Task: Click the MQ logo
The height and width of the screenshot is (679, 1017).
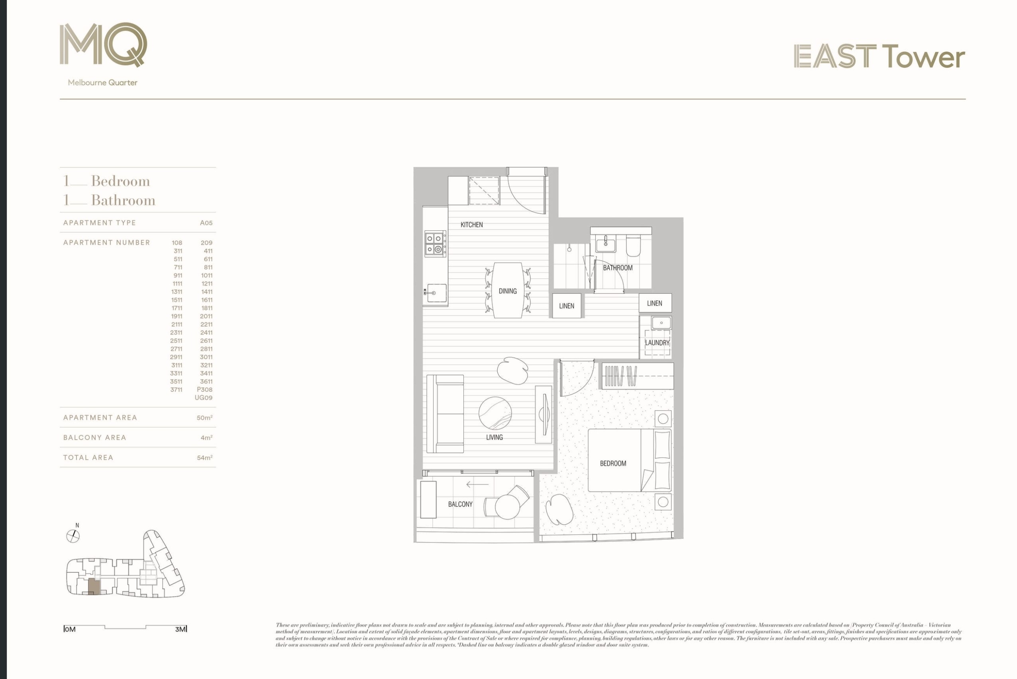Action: coord(103,45)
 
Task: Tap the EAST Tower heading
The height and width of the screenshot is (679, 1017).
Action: coord(879,57)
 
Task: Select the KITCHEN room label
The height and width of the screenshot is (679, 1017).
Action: coord(471,225)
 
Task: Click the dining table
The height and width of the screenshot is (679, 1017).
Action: coord(507,290)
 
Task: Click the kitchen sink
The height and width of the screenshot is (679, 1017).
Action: coord(436,293)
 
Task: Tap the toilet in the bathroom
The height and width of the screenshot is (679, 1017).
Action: coord(633,246)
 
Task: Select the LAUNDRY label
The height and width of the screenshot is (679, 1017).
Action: coord(657,343)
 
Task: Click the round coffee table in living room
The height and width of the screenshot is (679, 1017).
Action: coord(495,413)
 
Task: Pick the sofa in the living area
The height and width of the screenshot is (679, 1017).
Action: coord(446,414)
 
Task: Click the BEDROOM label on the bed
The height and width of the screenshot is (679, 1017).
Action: coord(613,463)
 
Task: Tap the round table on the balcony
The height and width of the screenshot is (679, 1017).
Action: coord(507,506)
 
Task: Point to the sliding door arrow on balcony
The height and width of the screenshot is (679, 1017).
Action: coord(477,485)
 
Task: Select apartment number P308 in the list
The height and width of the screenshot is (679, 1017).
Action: coord(204,390)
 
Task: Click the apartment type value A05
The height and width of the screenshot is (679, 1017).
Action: coord(206,223)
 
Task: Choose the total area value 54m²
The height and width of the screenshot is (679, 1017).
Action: coord(204,458)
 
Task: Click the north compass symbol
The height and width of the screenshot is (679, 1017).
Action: coord(73,536)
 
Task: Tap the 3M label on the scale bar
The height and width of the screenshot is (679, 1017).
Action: coord(181,629)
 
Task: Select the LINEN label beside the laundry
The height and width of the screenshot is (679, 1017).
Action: coord(654,303)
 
